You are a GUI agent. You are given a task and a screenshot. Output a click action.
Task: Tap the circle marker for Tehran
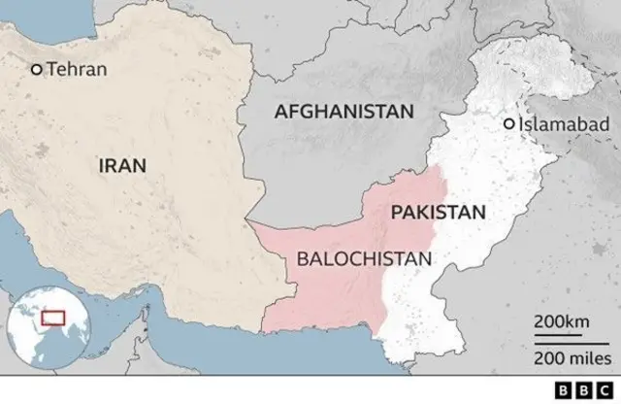(37, 69)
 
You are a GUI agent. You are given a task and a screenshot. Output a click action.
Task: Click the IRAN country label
(122, 165)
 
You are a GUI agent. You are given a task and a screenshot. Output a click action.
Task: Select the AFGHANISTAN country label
(343, 112)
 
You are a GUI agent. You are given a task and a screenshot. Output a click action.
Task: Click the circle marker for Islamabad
(508, 124)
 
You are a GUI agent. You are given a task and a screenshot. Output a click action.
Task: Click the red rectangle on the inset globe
(50, 318)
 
